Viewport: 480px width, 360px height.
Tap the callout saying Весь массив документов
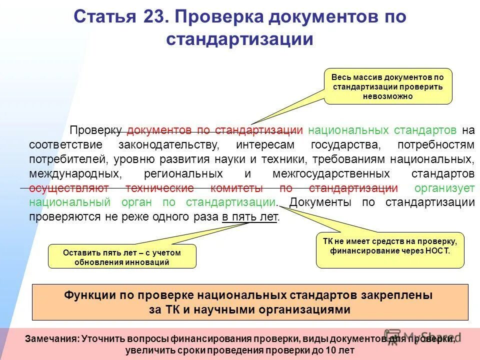(x=388, y=86)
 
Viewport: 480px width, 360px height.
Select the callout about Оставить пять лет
(x=122, y=257)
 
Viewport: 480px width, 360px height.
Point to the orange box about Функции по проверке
(x=250, y=302)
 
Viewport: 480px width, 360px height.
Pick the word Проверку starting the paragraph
(x=95, y=130)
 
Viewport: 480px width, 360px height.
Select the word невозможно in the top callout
(x=388, y=96)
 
